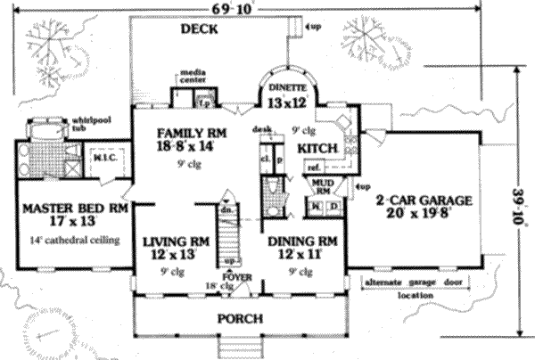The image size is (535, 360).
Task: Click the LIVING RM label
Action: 175,241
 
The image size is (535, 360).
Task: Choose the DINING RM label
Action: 302,241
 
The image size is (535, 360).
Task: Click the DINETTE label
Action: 287,88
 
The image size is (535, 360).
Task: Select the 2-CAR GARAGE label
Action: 422,200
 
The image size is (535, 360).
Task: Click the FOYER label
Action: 236,277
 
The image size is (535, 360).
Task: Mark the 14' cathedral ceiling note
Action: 67,240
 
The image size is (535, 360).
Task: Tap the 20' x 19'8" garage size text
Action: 422,215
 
